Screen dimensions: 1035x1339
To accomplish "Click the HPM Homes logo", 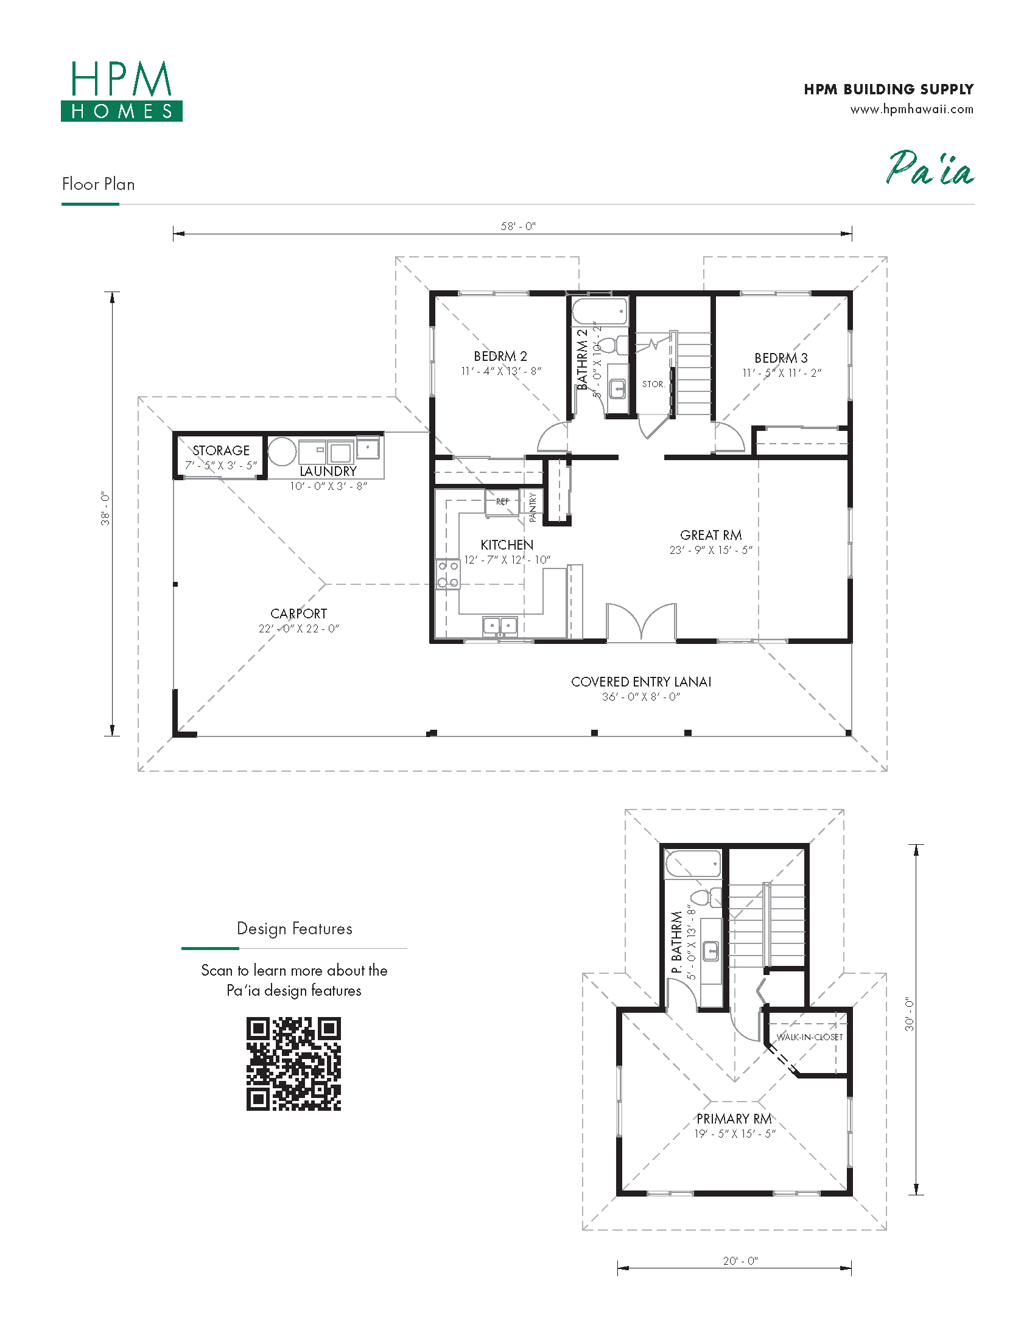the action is click(121, 91).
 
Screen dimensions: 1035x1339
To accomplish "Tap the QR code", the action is click(293, 1065).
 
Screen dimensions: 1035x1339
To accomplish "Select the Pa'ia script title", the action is click(931, 168).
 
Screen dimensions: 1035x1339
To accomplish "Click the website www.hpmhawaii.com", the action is click(912, 110).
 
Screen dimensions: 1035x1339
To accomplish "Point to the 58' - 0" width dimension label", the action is click(518, 226).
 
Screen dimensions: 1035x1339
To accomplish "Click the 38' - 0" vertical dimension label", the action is click(105, 508).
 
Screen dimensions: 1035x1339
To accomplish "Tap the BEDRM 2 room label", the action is click(500, 356).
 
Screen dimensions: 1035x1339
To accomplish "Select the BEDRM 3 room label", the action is click(781, 358).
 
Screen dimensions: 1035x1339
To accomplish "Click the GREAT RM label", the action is click(710, 535).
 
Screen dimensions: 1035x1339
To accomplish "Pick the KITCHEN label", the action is click(507, 545).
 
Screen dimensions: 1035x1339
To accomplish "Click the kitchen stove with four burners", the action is click(448, 575).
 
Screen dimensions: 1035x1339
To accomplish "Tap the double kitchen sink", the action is click(500, 626).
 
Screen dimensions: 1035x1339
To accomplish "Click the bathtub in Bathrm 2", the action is click(600, 312).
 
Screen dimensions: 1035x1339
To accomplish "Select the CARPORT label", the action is click(298, 614).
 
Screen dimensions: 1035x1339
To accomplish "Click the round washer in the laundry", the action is click(282, 452).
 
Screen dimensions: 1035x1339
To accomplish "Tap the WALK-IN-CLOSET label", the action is click(809, 1037).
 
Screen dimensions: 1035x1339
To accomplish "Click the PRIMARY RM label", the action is click(734, 1119).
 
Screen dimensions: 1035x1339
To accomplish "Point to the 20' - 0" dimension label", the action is click(740, 1261).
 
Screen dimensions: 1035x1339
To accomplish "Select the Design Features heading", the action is click(294, 929).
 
